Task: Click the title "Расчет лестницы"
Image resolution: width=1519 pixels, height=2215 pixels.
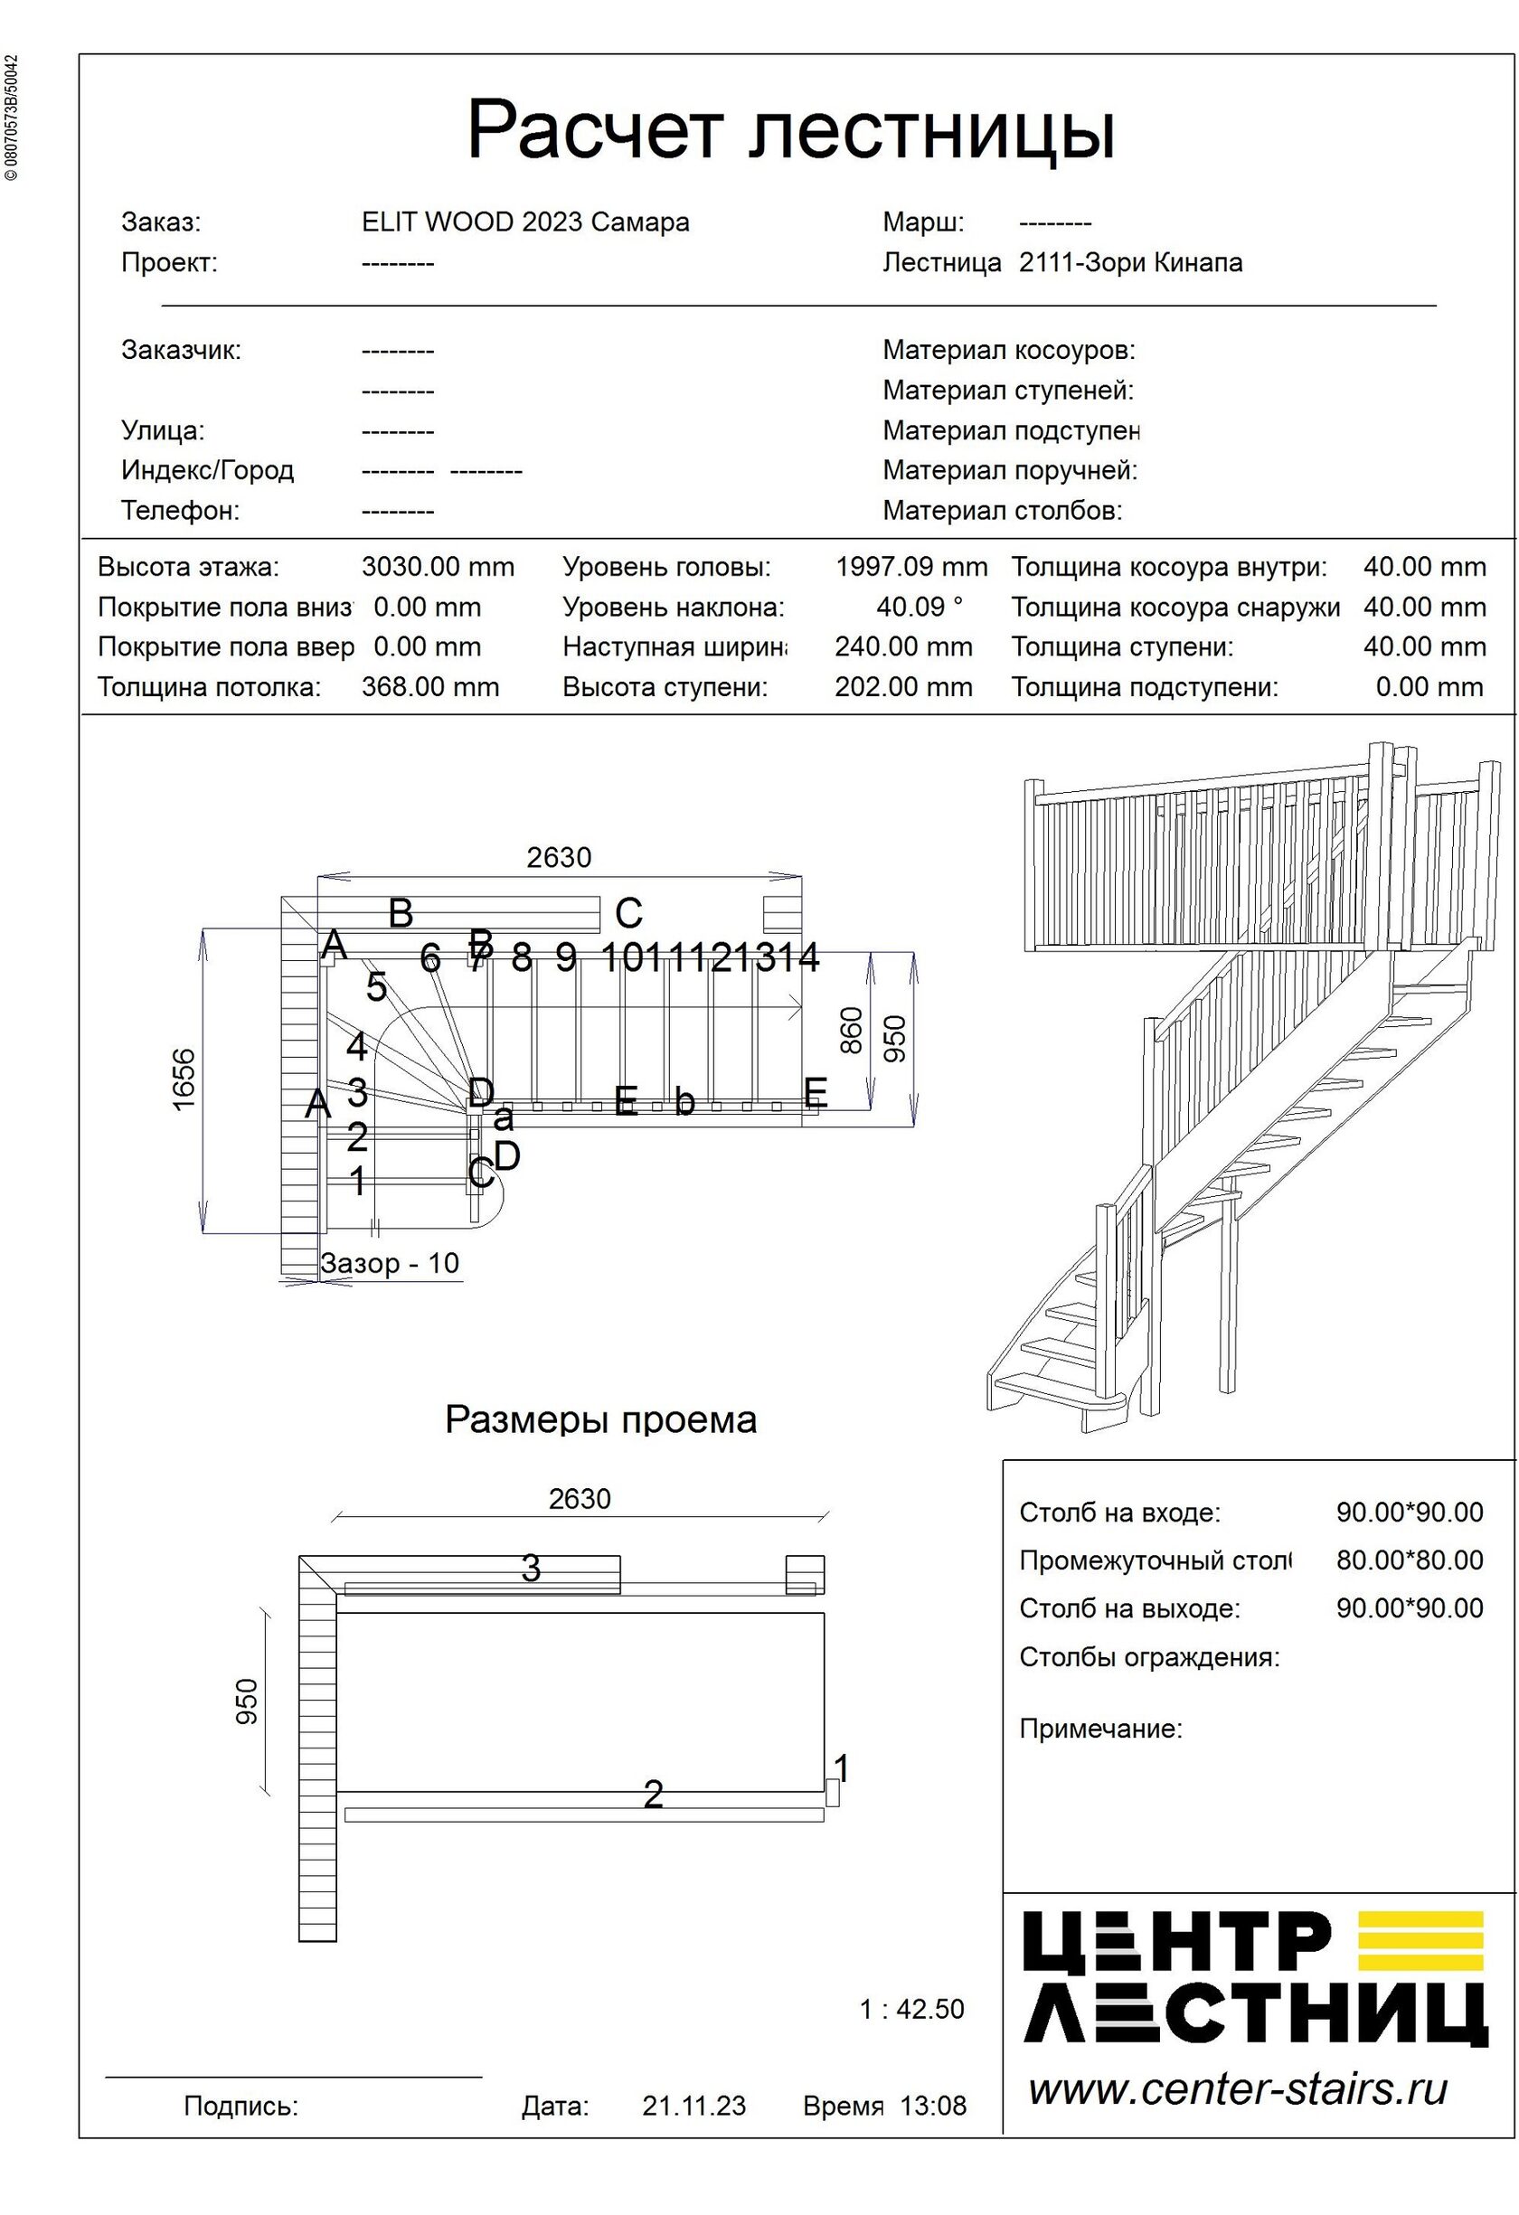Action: click(790, 129)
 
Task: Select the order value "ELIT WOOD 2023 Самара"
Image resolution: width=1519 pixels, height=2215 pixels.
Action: click(525, 222)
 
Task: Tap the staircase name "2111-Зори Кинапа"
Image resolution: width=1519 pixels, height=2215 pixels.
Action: click(1130, 262)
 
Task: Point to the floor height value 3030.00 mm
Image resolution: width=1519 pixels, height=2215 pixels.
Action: click(438, 567)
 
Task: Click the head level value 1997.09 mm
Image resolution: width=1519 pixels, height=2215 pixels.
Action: click(911, 567)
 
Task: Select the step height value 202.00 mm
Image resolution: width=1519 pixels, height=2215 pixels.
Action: click(903, 687)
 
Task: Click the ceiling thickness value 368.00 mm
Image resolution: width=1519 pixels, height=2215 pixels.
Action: click(429, 687)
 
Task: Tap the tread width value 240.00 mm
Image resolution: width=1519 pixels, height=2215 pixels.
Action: click(903, 647)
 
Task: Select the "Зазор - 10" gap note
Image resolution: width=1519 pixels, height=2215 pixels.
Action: click(390, 1264)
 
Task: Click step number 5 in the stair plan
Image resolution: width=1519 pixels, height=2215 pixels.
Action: click(376, 988)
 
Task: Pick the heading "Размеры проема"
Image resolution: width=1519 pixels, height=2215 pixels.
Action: click(600, 1420)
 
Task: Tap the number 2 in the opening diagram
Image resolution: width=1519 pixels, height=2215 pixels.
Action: click(653, 1795)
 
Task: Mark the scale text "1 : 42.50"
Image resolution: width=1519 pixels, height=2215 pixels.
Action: click(911, 2009)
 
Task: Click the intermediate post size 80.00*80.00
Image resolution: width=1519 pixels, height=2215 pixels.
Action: click(1409, 1560)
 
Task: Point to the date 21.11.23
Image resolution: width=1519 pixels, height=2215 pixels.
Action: click(693, 2106)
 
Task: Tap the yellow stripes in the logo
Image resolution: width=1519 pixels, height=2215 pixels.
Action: click(1420, 1939)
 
